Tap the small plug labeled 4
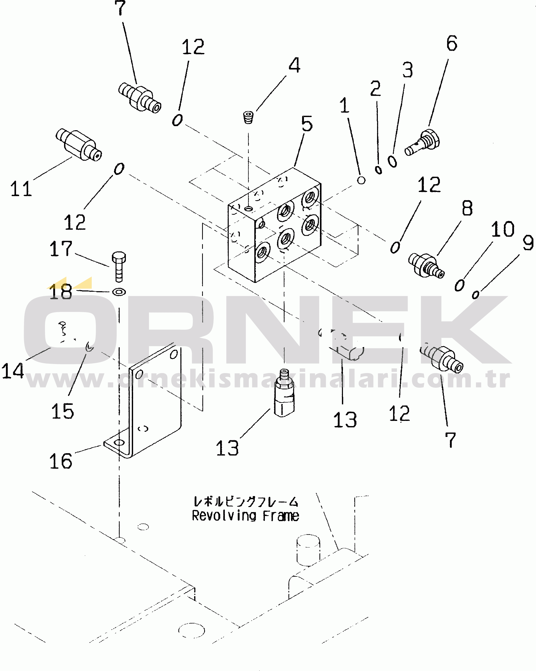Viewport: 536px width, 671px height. click(248, 117)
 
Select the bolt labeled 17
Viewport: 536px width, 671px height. click(119, 267)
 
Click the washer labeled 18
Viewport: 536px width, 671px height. click(119, 292)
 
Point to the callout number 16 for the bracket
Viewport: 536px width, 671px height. click(61, 461)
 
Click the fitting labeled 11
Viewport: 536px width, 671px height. click(79, 145)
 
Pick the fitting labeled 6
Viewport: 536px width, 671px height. click(422, 143)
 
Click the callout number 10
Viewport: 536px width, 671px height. click(502, 229)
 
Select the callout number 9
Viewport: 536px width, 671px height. click(528, 243)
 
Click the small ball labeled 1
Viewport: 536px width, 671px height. click(361, 180)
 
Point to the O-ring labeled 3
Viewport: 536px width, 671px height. click(393, 161)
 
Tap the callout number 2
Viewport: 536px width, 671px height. click(376, 88)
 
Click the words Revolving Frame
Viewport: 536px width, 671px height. click(245, 516)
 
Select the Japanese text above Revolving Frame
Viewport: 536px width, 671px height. click(246, 502)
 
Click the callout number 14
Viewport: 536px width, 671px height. click(13, 371)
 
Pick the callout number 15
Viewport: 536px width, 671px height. click(63, 411)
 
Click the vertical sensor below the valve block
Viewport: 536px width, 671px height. click(284, 393)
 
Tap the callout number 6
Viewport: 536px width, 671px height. click(452, 43)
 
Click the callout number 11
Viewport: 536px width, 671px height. click(21, 189)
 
